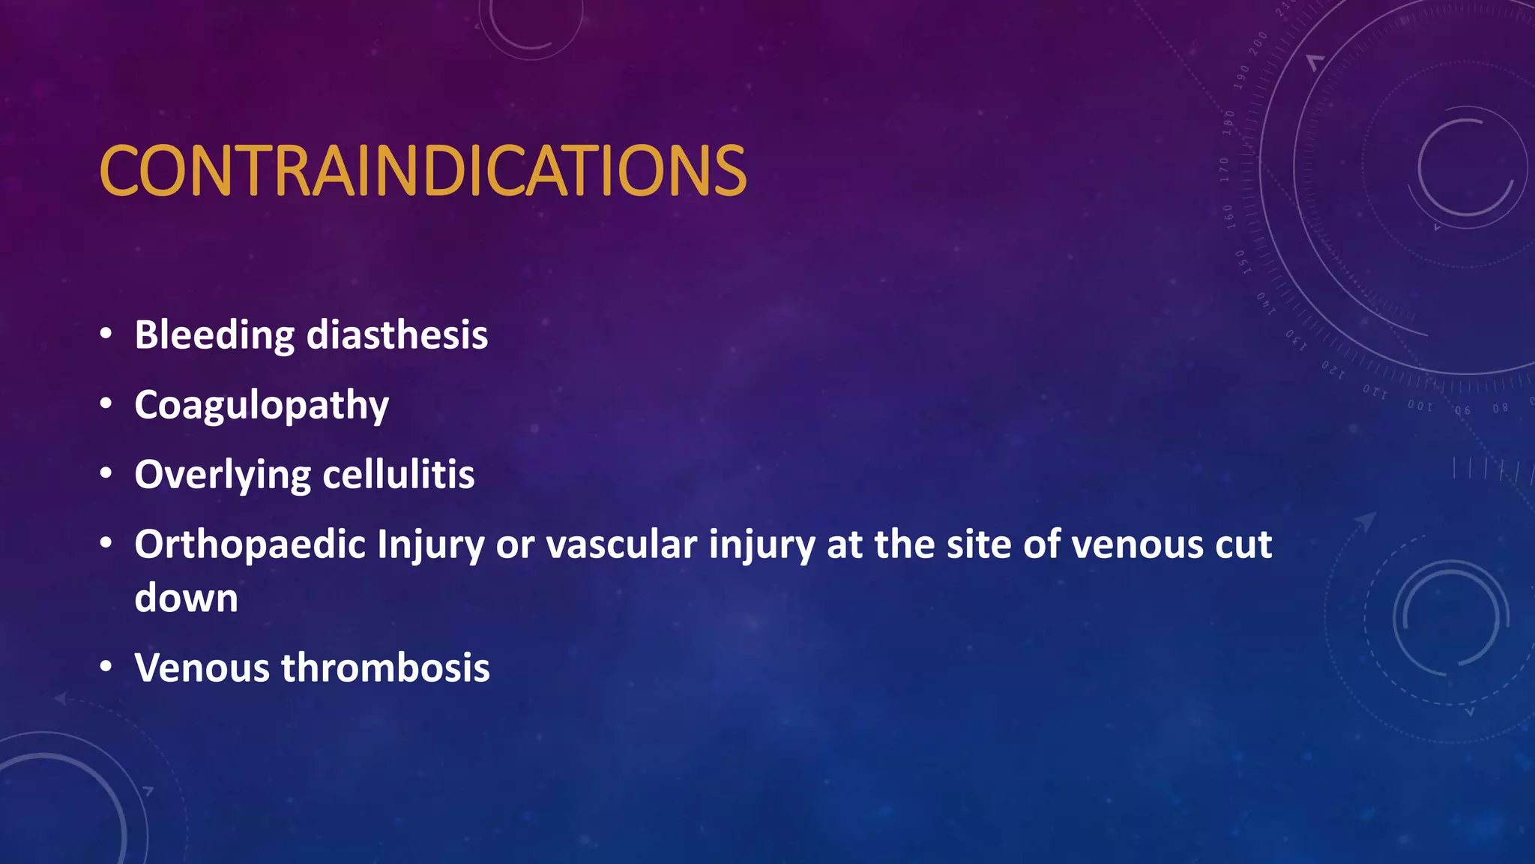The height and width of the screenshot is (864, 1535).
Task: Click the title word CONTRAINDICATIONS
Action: point(422,171)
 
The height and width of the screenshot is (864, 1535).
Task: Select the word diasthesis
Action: point(397,334)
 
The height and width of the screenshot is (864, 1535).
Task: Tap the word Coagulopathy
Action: point(262,406)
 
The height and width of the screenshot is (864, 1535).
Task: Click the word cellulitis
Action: point(399,475)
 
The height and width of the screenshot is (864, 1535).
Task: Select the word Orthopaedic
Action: point(250,545)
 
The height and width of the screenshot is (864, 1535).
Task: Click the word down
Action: point(186,598)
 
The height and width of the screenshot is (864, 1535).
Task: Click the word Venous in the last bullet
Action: point(202,667)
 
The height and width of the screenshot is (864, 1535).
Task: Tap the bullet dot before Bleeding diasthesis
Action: point(106,333)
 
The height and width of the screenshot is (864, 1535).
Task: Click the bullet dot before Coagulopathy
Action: point(106,403)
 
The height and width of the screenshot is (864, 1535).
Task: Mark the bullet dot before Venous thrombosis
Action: point(106,666)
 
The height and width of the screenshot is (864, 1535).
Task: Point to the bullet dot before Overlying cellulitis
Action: point(106,473)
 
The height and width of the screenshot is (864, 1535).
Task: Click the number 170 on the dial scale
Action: point(1225,169)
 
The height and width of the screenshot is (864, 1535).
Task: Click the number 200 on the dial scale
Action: point(1258,43)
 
